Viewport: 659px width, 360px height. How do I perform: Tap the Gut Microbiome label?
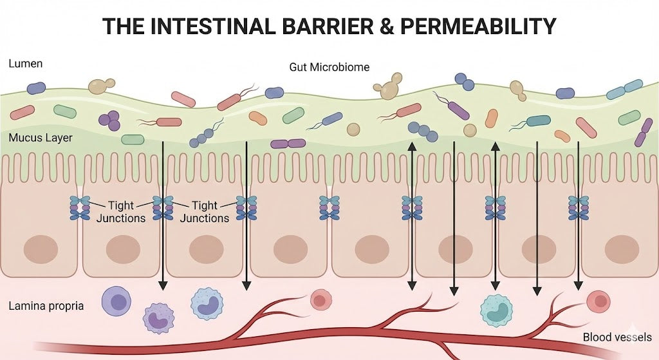coord(329,67)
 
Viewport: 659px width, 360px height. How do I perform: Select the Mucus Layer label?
coord(41,138)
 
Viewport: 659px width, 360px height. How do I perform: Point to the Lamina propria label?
coord(46,305)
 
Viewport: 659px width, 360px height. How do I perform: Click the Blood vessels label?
coord(617,337)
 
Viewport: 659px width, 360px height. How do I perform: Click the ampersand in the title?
coord(382,26)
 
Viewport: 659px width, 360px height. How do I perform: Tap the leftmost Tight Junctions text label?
coord(121,211)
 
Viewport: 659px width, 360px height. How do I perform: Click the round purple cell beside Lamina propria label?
coord(116,302)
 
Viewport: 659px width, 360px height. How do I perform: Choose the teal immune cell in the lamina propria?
coord(496,310)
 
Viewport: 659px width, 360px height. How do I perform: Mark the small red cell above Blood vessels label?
coord(599,300)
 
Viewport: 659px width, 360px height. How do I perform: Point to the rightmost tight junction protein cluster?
coord(578,208)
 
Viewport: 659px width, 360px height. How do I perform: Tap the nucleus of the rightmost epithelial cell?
coord(622,249)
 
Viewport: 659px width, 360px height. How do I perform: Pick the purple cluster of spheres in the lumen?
coord(109,118)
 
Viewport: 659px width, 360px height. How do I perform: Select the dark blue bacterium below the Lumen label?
coord(36,88)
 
